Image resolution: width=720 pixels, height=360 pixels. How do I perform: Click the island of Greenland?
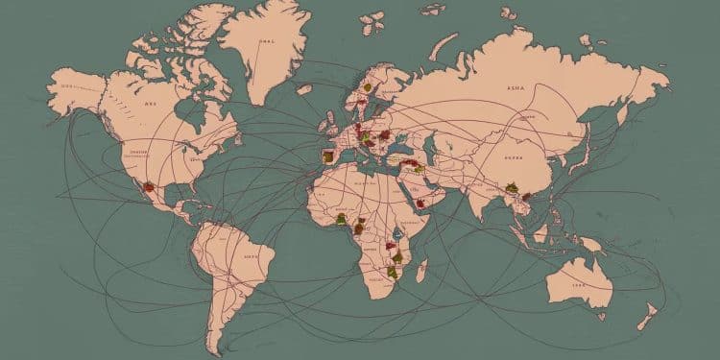pyautogui.click(x=259, y=48)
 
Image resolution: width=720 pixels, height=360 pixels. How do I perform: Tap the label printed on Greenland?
pyautogui.click(x=265, y=42)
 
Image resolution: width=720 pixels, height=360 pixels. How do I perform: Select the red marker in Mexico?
pyautogui.click(x=146, y=186)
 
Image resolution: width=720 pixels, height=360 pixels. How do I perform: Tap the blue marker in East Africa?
pyautogui.click(x=394, y=235)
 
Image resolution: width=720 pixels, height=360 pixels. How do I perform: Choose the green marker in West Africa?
pyautogui.click(x=341, y=220)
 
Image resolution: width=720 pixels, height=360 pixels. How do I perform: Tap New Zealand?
pyautogui.click(x=650, y=313)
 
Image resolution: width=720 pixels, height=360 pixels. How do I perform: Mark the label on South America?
pyautogui.click(x=252, y=257)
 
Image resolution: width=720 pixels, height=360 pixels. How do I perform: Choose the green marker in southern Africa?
pyautogui.click(x=392, y=273)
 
